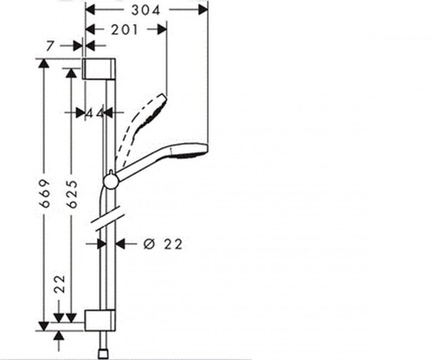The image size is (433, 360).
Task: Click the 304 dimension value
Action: click(x=145, y=10)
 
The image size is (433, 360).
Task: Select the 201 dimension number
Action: click(x=125, y=29)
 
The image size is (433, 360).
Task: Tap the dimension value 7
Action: click(x=50, y=46)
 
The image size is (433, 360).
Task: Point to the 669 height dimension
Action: click(x=45, y=193)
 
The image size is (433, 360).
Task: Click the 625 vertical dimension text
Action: click(x=72, y=194)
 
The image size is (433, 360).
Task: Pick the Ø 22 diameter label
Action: click(x=163, y=244)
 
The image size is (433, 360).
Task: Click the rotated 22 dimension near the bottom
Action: click(x=60, y=284)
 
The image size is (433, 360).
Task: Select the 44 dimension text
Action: click(x=95, y=113)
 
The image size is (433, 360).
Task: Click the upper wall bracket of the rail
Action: click(x=100, y=68)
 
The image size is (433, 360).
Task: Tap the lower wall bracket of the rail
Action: click(x=100, y=320)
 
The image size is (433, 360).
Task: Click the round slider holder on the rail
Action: click(x=111, y=181)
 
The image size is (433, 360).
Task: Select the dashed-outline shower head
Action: click(x=141, y=128)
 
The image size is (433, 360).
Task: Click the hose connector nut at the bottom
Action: click(x=103, y=354)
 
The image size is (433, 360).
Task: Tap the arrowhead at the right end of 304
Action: click(x=203, y=10)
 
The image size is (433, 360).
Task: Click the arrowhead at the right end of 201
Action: click(x=162, y=29)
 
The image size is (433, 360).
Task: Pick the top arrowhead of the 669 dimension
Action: click(x=44, y=63)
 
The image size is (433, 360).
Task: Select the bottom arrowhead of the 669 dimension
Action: click(x=44, y=326)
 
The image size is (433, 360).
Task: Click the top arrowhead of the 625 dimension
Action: click(x=71, y=73)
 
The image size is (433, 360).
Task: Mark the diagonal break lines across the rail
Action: click(x=107, y=218)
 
